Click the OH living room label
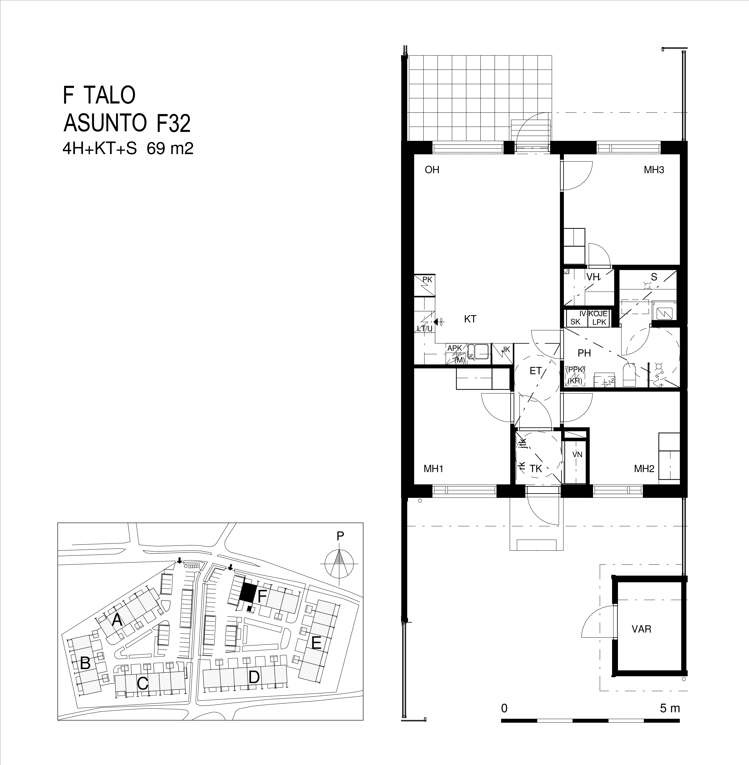pyautogui.click(x=432, y=170)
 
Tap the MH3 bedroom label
pyautogui.click(x=654, y=170)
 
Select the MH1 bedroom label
pyautogui.click(x=434, y=469)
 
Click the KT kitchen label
pyautogui.click(x=470, y=319)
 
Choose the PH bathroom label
pyautogui.click(x=584, y=353)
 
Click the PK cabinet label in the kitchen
pyautogui.click(x=427, y=280)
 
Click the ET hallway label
pyautogui.click(x=535, y=371)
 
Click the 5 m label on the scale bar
pyautogui.click(x=670, y=708)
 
